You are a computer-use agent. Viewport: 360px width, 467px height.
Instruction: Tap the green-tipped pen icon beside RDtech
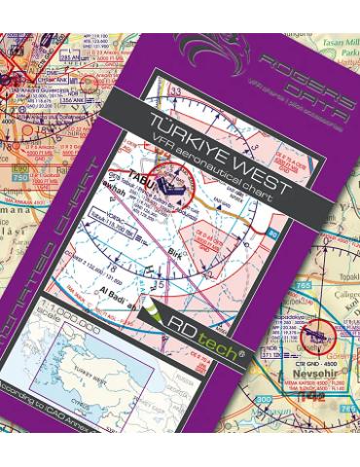coord(156,313)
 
